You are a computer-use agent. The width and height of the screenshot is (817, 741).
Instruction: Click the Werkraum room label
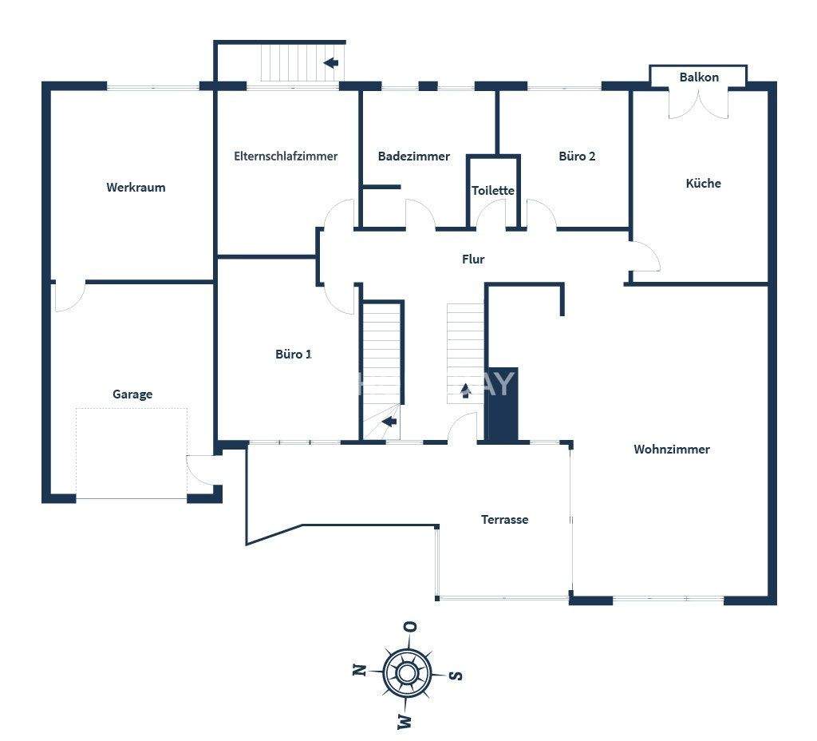point(136,188)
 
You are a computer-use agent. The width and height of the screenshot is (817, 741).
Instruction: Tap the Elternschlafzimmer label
point(286,157)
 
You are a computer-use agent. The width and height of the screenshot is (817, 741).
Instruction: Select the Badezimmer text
point(413,157)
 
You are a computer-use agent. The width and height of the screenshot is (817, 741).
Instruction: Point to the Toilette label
point(493,191)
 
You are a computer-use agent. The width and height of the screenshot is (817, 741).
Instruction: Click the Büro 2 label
point(577,157)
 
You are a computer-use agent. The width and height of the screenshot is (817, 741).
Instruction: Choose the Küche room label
point(703,184)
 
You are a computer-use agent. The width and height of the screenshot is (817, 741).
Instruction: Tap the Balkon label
point(699,77)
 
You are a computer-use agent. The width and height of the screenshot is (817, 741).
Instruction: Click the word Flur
point(473,260)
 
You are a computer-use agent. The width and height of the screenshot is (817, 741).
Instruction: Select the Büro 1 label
point(294,354)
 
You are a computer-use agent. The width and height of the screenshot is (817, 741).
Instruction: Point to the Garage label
point(132,394)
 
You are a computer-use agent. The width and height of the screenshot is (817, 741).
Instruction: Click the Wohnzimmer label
point(672,450)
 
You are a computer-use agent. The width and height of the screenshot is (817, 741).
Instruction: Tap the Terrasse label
point(504,520)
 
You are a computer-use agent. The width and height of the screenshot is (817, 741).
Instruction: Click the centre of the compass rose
point(407,672)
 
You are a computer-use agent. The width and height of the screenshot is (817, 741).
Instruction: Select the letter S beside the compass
point(455,676)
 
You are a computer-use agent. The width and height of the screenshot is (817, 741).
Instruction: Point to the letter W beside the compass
point(405,722)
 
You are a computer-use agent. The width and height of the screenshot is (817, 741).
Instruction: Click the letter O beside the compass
point(410,626)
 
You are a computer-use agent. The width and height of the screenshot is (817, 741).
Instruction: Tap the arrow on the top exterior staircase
point(330,62)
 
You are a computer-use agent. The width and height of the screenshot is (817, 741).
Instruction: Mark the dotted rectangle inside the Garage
point(132,453)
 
